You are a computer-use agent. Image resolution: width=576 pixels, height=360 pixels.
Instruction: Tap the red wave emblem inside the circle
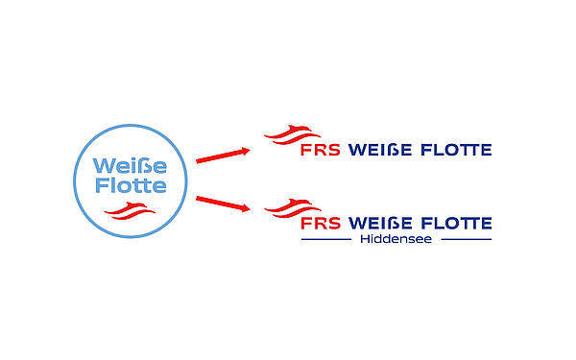(x=127, y=210)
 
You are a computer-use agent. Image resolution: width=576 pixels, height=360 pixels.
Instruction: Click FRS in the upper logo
(x=321, y=150)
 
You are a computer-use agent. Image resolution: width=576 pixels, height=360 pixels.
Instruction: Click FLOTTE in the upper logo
(x=455, y=150)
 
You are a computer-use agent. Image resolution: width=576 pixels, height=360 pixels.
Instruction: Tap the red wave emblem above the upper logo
(x=292, y=135)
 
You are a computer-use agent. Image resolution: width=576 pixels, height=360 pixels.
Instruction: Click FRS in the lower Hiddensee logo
(x=321, y=224)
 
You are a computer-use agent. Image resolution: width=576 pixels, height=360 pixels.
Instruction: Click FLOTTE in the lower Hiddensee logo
(x=455, y=224)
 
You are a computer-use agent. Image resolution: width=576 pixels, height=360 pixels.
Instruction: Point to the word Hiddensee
(x=396, y=239)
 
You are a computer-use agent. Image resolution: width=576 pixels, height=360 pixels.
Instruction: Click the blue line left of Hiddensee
(x=326, y=239)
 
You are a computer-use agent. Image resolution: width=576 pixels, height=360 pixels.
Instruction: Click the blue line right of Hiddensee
(x=466, y=239)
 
